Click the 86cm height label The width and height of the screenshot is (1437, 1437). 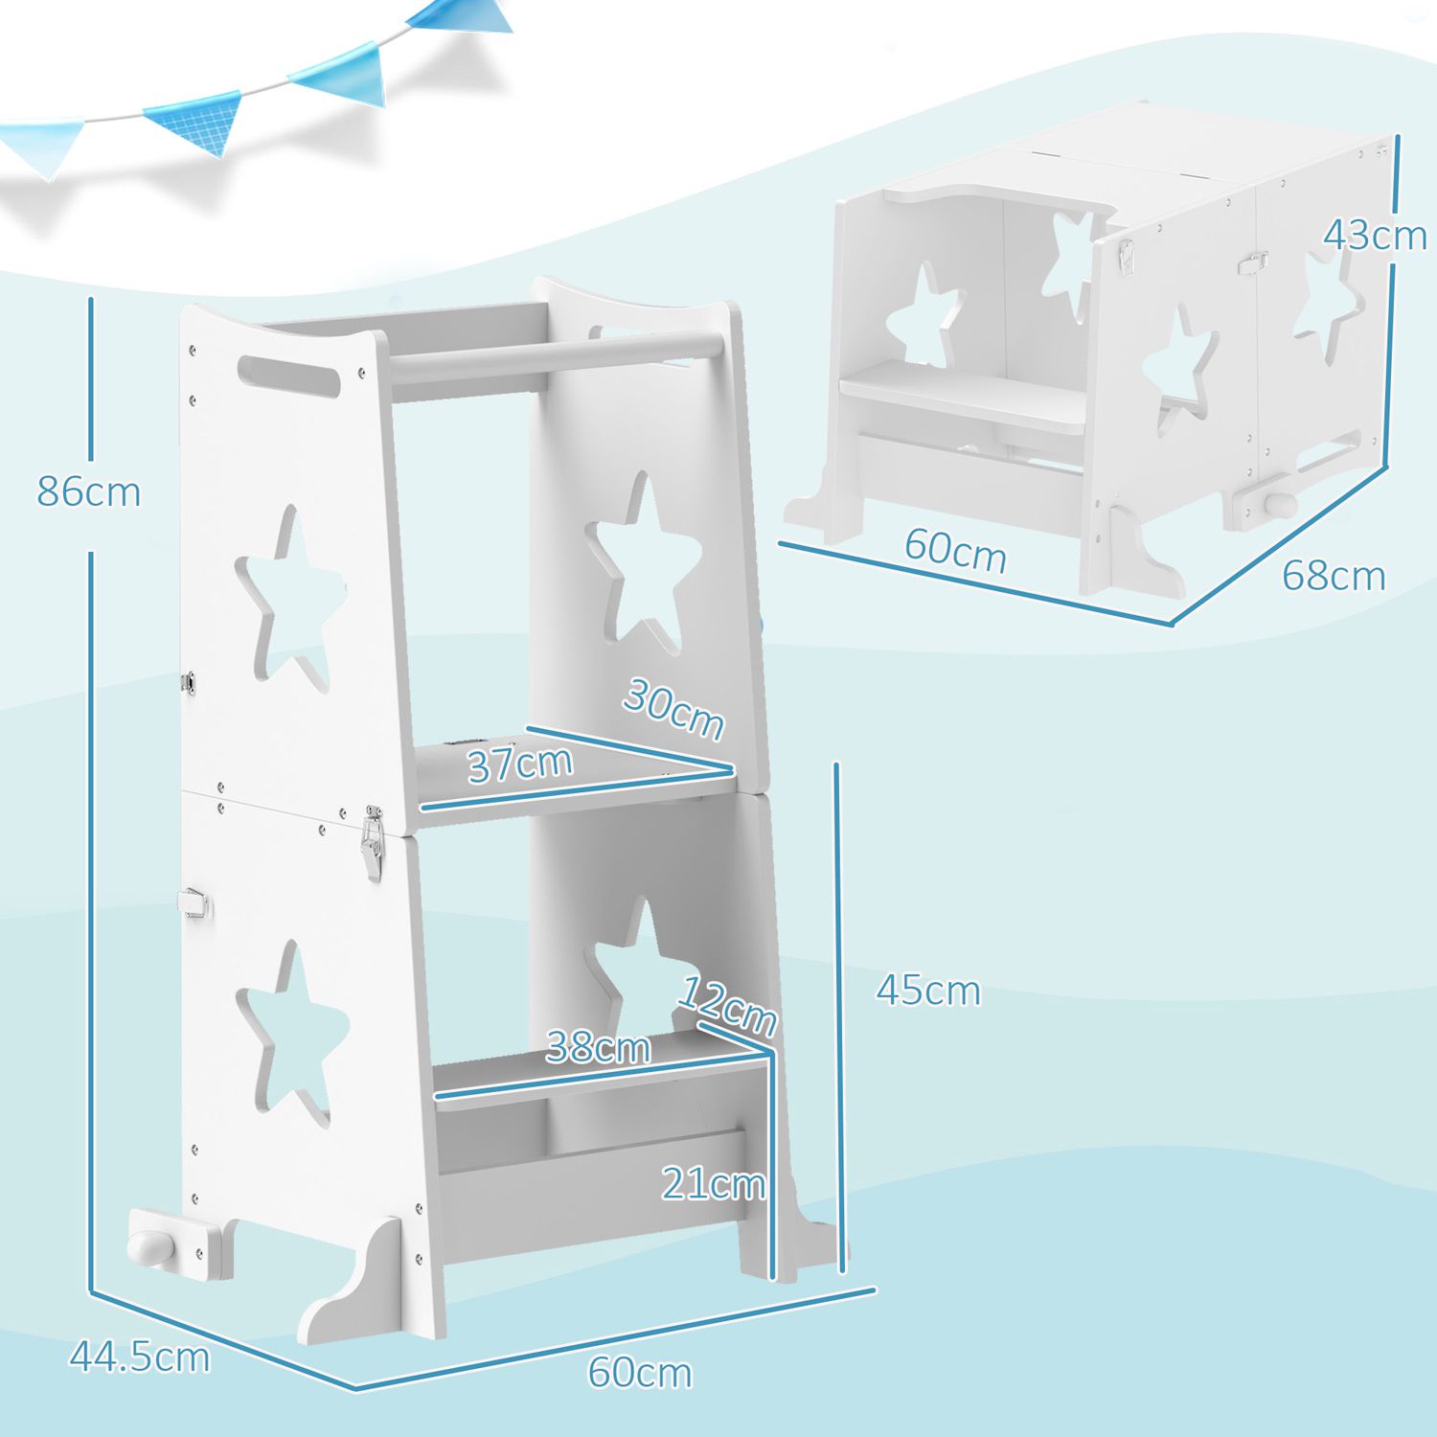(88, 491)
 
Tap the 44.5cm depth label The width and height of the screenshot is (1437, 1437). (140, 1357)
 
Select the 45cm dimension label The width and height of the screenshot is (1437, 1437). (927, 991)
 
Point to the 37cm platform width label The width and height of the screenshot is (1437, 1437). (520, 764)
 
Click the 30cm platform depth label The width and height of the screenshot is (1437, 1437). (673, 709)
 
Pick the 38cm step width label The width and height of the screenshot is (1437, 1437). (598, 1047)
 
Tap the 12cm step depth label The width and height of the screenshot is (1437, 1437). (727, 1006)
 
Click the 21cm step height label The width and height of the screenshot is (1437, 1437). (714, 1184)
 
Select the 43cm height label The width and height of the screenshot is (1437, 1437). (1375, 236)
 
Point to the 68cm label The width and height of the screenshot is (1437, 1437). (1334, 576)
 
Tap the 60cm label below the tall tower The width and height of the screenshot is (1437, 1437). (639, 1372)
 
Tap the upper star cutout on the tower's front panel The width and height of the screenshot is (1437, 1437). (287, 599)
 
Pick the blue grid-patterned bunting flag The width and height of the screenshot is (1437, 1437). (196, 121)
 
